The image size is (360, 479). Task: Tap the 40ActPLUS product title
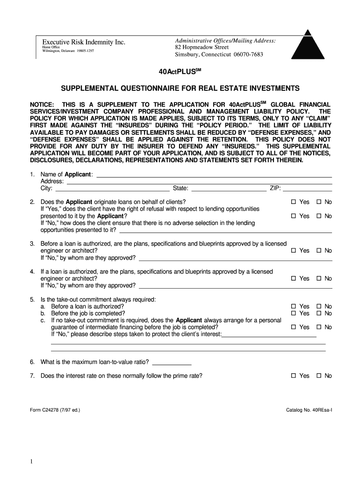point(180,73)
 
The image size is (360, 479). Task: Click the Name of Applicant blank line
point(214,175)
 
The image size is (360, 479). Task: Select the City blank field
point(112,189)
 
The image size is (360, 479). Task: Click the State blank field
point(229,189)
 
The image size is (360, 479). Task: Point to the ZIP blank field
point(307,189)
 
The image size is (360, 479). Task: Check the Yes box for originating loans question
point(294,202)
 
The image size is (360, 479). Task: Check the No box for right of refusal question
point(319,216)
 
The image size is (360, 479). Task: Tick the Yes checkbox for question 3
point(294,251)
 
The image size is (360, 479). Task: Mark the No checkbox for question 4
point(319,278)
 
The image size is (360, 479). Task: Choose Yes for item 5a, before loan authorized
point(294,306)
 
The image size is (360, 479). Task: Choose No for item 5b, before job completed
point(319,313)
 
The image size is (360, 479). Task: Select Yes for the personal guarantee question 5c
point(294,327)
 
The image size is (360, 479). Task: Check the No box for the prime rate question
point(319,376)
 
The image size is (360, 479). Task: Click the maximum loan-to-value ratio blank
point(172,362)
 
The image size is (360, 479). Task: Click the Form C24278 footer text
point(55,410)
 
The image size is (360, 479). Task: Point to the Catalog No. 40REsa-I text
point(309,410)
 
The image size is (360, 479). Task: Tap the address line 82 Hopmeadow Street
point(202,47)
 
